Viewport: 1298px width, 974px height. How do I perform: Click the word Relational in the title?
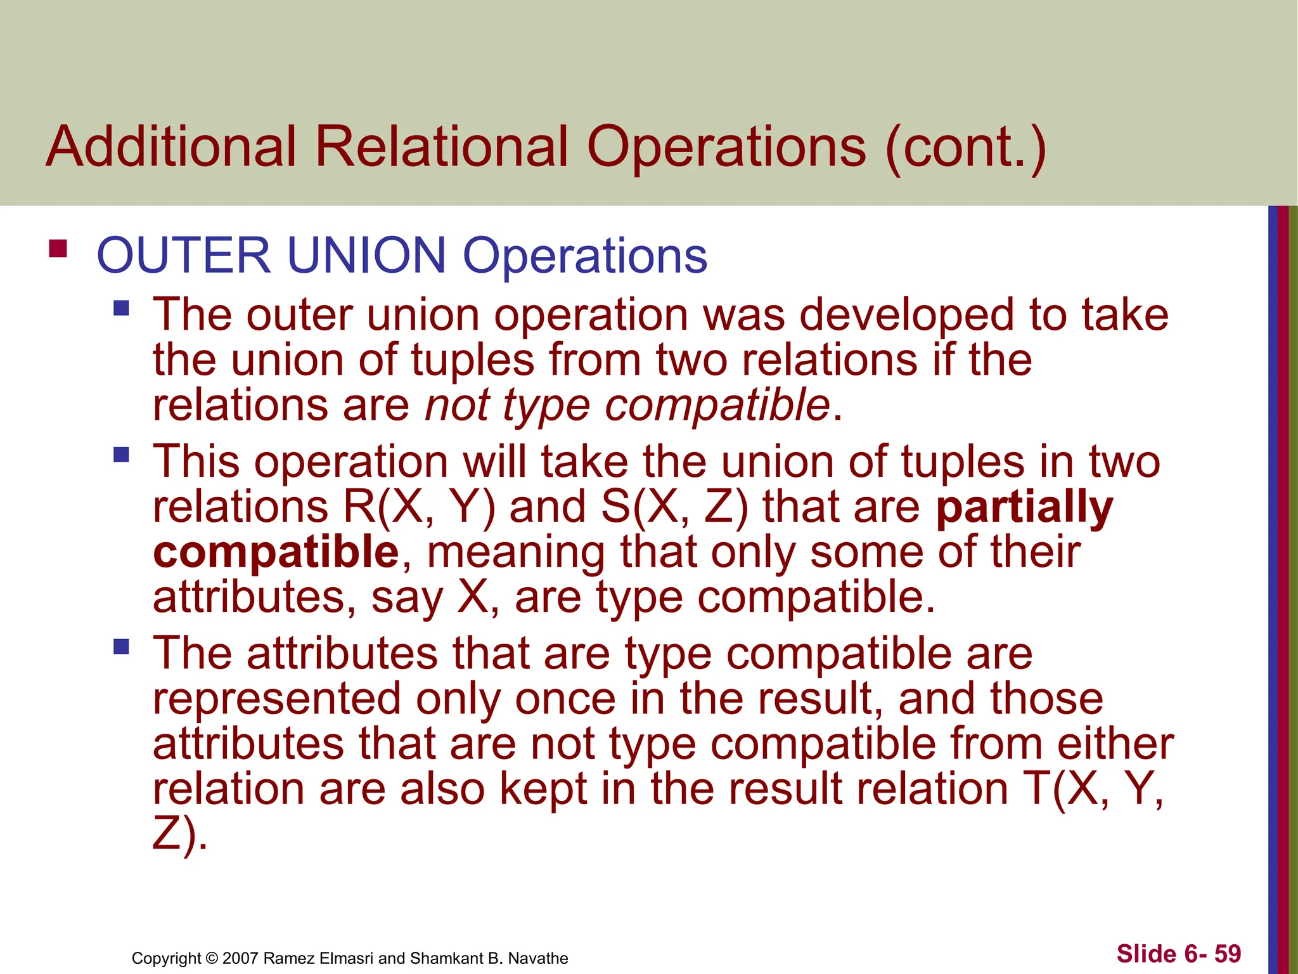(441, 147)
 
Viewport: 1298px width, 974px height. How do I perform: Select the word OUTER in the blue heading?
(184, 256)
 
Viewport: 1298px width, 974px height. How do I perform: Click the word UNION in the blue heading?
(367, 256)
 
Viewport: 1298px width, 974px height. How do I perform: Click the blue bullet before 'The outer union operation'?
(121, 309)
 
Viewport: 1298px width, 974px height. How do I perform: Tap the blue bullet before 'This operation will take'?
(121, 455)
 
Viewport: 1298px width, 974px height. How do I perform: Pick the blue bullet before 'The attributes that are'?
(121, 647)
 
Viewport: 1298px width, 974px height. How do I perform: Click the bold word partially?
(1024, 508)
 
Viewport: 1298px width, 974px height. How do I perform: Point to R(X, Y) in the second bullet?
(419, 507)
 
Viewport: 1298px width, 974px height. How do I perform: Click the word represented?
(277, 699)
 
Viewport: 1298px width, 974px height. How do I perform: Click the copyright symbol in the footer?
(212, 958)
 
